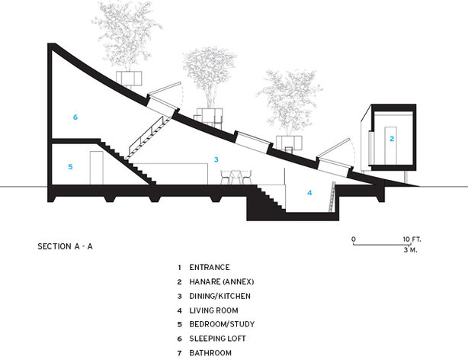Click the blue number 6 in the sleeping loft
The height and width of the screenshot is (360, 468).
(x=75, y=117)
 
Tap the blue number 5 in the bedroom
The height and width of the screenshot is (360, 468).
(x=69, y=166)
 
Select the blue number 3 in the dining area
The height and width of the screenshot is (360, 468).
(x=216, y=159)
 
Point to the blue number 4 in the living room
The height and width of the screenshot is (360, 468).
(x=309, y=193)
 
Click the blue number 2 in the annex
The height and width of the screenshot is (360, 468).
(x=391, y=139)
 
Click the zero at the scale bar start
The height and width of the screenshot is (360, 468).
(x=354, y=239)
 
